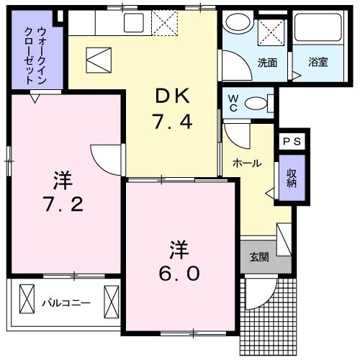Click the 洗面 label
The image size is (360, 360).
click(268, 62)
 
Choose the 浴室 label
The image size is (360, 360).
click(318, 62)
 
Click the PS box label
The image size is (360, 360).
click(292, 142)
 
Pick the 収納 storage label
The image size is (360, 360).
click(292, 178)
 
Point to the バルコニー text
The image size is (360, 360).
click(66, 303)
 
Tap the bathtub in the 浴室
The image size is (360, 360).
click(318, 32)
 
